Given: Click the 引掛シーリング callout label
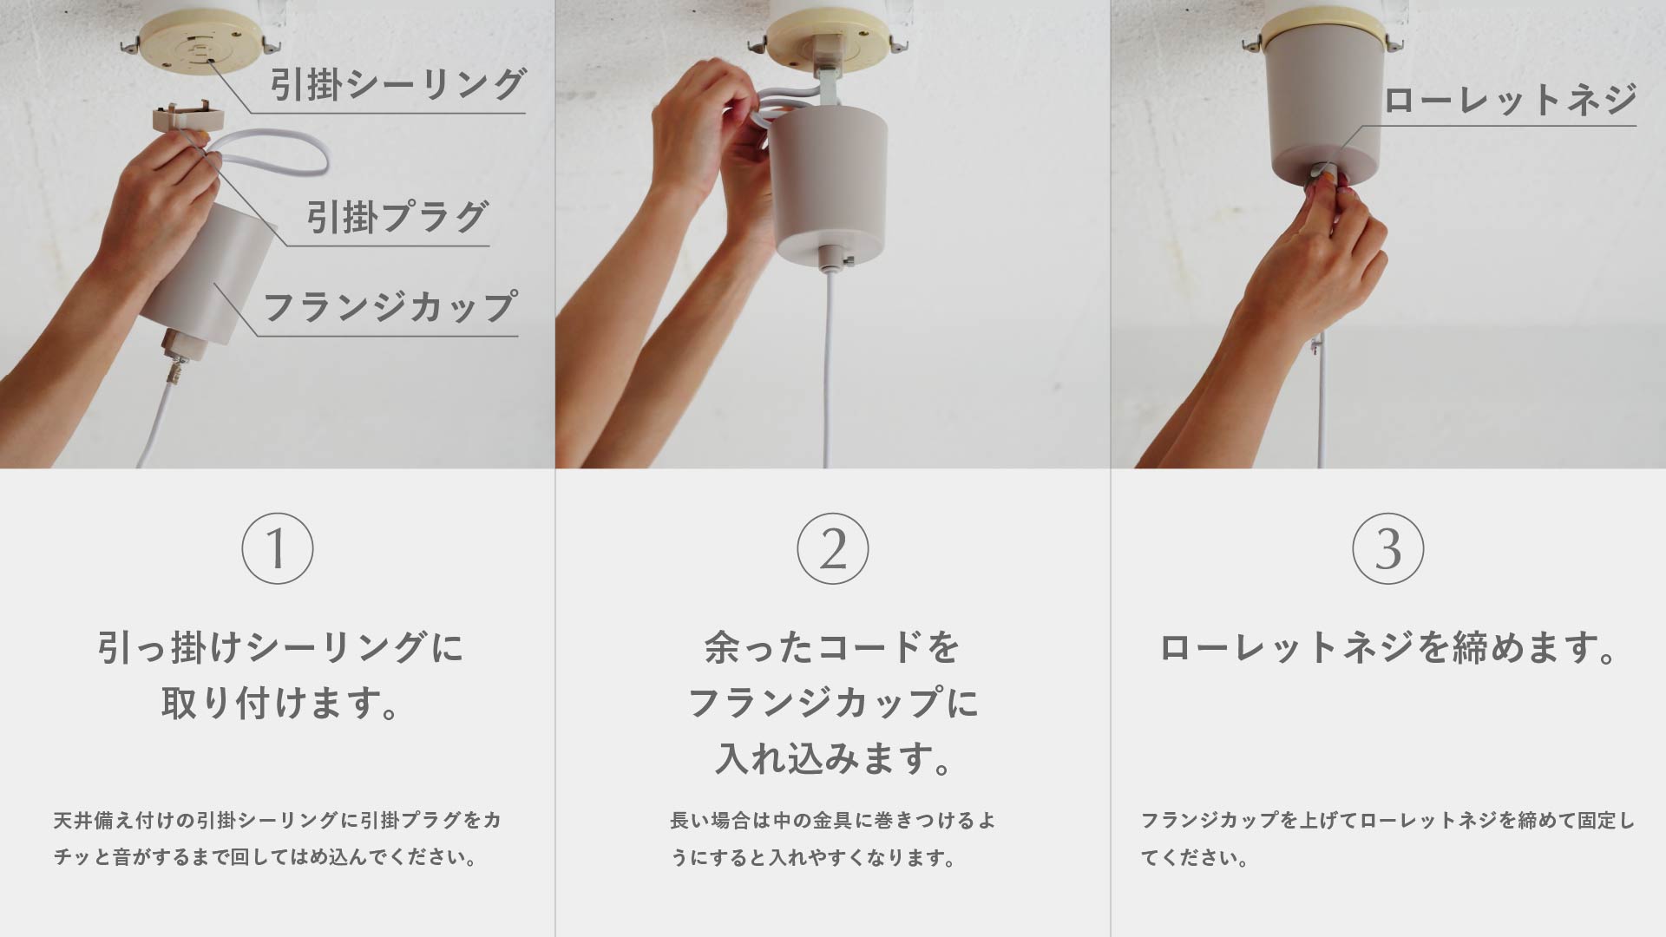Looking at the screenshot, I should [397, 85].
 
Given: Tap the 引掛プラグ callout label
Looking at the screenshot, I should [397, 217].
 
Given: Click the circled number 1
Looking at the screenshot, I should [278, 548].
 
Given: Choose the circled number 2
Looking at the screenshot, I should [833, 548].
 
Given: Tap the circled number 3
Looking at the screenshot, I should [1388, 548].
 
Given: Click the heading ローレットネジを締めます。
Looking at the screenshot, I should [1388, 648].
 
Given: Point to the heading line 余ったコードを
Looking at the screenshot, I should [833, 648].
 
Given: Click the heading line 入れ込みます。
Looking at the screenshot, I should [833, 757].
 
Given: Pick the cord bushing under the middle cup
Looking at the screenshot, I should [831, 257].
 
